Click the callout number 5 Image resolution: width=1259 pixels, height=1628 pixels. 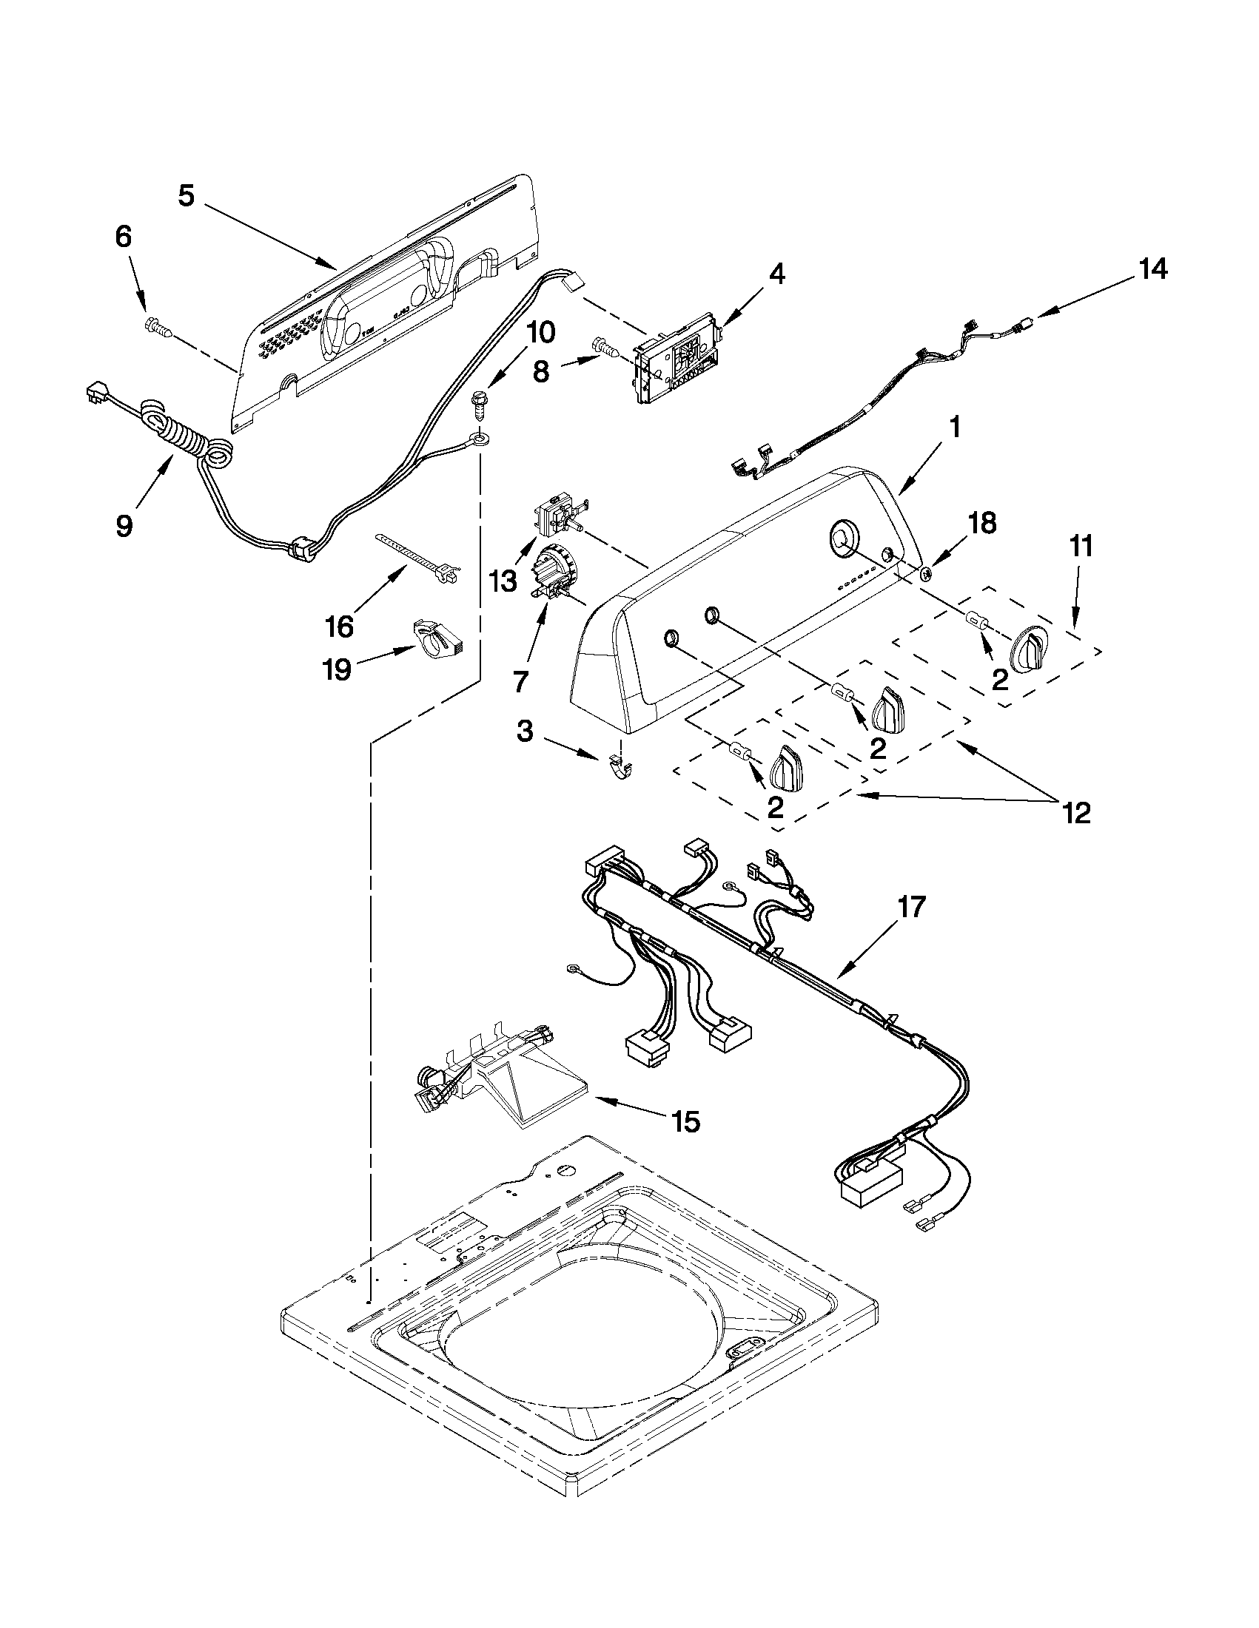(186, 196)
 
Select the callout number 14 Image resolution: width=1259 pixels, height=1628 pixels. (1152, 269)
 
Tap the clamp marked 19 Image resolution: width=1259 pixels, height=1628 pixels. (437, 637)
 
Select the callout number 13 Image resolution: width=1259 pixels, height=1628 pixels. (504, 581)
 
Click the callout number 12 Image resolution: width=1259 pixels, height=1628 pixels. (1078, 811)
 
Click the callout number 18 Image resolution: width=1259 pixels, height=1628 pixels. (981, 523)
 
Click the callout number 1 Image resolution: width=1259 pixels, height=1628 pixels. (954, 428)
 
